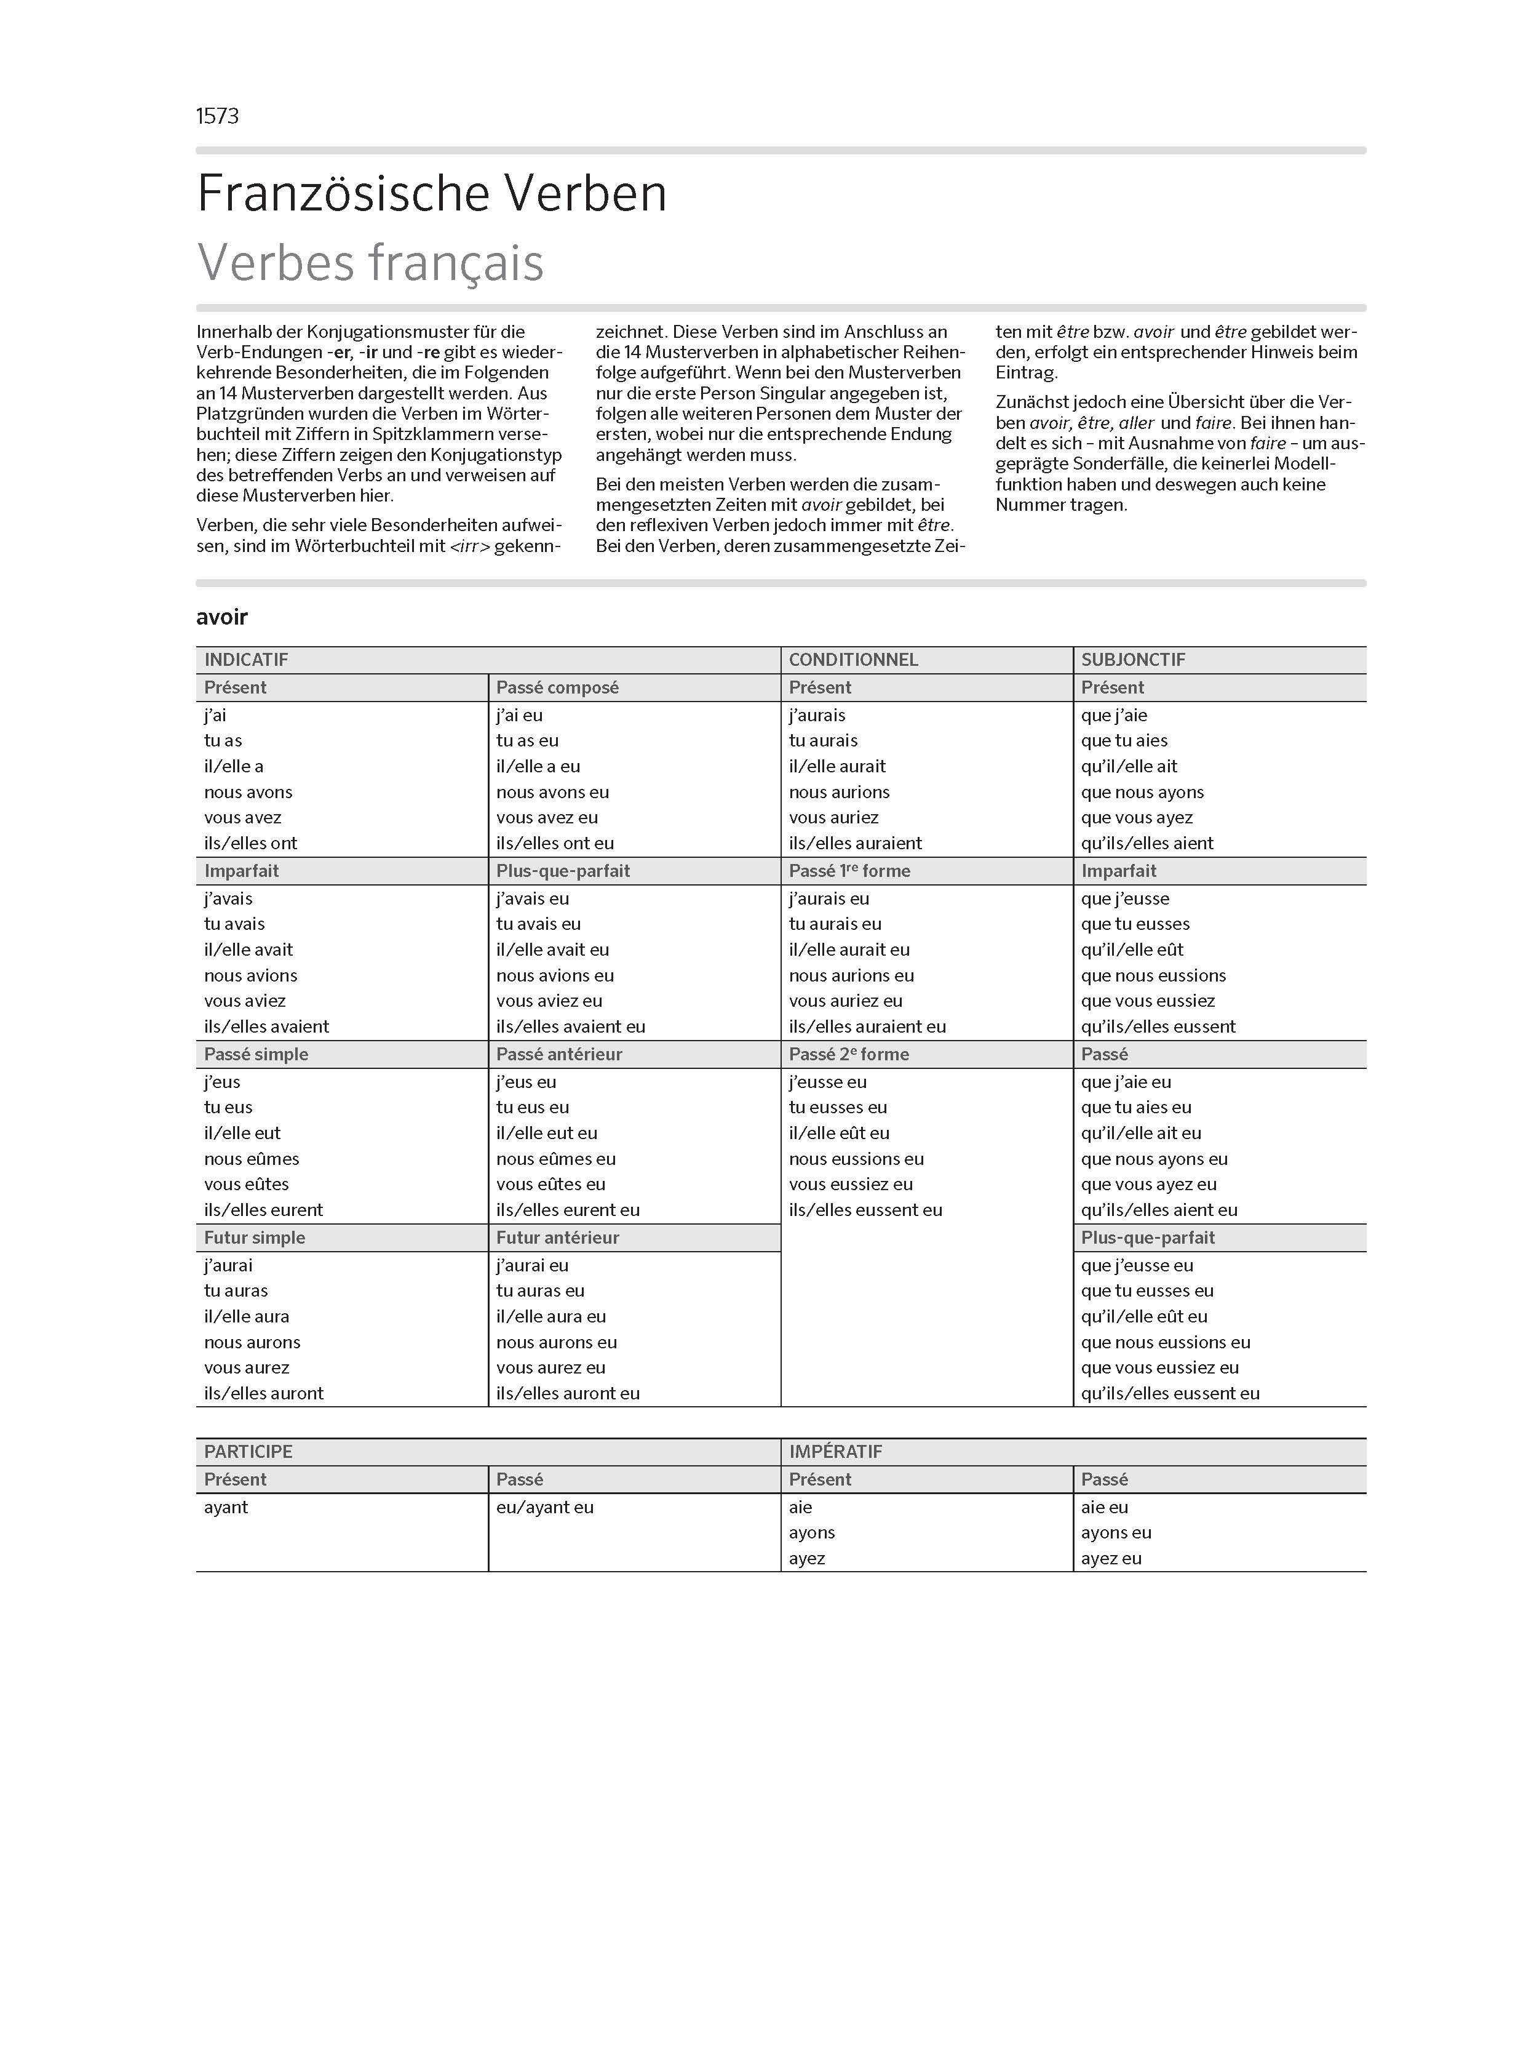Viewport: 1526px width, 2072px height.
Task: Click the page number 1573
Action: [217, 116]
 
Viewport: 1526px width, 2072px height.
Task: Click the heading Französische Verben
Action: [431, 194]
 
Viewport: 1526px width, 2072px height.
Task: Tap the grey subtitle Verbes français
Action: [370, 263]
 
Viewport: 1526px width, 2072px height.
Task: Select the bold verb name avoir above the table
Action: [221, 617]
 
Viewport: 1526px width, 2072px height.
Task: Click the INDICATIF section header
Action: [245, 660]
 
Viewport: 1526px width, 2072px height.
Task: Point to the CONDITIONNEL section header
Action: [852, 660]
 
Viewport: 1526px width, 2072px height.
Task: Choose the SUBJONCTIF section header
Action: [1132, 660]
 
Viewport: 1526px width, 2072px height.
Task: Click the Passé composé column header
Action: [557, 687]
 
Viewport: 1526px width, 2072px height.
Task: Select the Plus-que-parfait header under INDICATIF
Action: [563, 871]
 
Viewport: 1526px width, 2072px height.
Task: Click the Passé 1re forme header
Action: [849, 871]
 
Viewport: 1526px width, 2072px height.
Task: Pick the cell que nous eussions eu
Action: [1165, 1342]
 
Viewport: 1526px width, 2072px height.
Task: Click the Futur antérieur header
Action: [557, 1238]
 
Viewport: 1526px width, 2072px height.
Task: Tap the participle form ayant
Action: [226, 1506]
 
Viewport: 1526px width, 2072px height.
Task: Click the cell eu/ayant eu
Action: [544, 1506]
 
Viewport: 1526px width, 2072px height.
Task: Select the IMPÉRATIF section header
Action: [835, 1451]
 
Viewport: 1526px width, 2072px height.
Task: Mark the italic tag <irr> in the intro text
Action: [469, 546]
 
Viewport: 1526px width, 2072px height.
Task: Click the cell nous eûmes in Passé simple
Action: [251, 1159]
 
